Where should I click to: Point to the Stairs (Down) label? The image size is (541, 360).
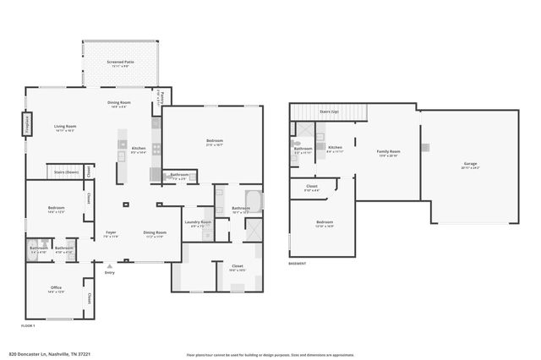coord(66,172)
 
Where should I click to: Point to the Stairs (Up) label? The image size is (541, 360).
coord(330,112)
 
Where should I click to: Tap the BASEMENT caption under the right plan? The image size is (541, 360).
coord(297,264)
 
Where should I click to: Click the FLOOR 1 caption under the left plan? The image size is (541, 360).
coord(28,325)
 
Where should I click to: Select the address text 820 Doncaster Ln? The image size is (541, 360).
coord(49,354)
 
